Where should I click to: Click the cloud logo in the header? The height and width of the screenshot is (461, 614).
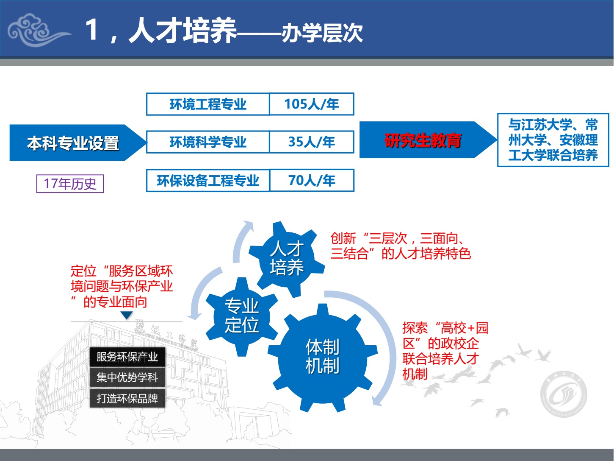[38, 30]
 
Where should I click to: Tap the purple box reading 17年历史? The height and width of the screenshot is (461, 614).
[70, 184]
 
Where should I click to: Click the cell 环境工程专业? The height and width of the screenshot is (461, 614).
[208, 104]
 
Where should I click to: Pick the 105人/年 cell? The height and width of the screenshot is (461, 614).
[312, 104]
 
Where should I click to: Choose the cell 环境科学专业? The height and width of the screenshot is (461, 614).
[208, 142]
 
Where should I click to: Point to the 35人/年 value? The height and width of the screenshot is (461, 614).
[312, 142]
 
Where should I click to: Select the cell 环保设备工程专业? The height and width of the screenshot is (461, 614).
[208, 180]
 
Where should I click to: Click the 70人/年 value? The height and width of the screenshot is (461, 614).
[312, 180]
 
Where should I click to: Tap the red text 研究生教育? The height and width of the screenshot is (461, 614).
[423, 140]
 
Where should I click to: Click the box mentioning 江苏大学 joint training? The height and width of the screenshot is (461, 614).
[553, 140]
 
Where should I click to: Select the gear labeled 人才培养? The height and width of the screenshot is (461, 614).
[287, 259]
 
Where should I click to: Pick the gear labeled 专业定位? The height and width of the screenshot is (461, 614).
[242, 316]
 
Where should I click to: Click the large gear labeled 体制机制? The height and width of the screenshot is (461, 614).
[323, 358]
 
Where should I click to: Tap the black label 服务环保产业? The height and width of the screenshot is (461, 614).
[127, 357]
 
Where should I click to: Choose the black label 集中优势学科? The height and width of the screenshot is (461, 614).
[127, 377]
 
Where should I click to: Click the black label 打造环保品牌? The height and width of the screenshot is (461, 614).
[127, 398]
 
